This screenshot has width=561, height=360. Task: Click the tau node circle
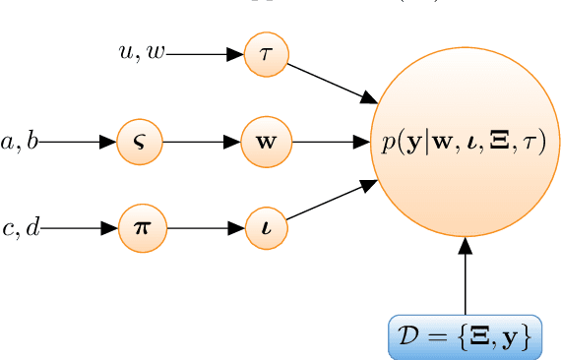click(x=266, y=55)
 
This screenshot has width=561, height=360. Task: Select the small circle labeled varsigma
click(x=138, y=142)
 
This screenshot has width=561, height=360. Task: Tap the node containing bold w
click(x=266, y=142)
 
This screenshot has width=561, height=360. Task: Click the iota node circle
click(x=266, y=228)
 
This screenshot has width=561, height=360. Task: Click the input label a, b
click(x=20, y=142)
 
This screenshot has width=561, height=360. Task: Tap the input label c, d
click(x=21, y=228)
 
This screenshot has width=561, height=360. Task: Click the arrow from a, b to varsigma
click(x=77, y=142)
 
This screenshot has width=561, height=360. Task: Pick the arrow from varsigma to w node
click(x=202, y=142)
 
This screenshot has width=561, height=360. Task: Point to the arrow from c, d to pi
click(x=79, y=228)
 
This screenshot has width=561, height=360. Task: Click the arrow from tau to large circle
click(x=333, y=85)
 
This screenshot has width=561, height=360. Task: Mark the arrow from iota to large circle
click(x=333, y=200)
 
